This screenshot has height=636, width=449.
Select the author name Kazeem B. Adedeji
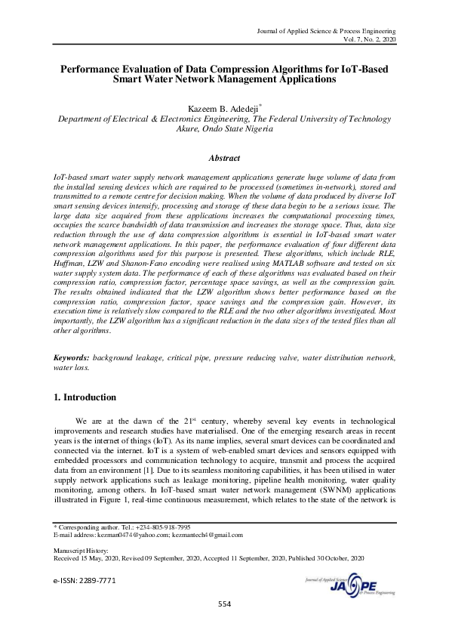coord(223,108)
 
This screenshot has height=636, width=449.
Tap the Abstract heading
coord(224,158)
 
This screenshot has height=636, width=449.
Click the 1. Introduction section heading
coord(86,397)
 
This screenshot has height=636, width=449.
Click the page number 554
coord(224,604)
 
